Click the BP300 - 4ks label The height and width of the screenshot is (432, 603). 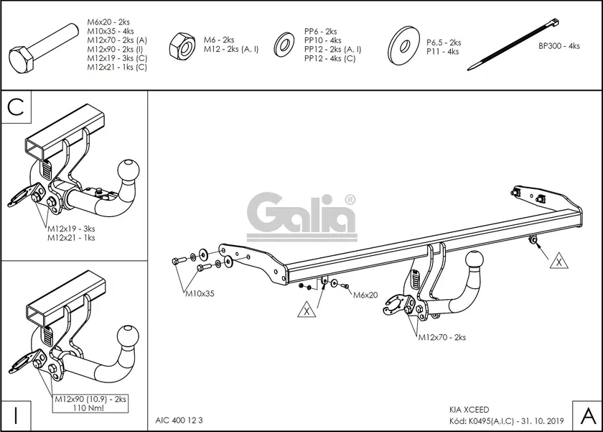[558, 46]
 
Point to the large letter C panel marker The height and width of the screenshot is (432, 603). [17, 108]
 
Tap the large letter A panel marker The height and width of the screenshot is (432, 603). [586, 415]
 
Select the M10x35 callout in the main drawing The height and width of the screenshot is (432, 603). [200, 293]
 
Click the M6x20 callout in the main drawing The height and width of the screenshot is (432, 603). [365, 295]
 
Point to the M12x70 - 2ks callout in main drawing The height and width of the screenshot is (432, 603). [441, 337]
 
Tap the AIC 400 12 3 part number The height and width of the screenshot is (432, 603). [179, 420]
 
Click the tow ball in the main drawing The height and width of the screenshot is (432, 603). [475, 260]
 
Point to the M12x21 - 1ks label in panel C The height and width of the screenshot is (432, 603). [71, 237]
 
